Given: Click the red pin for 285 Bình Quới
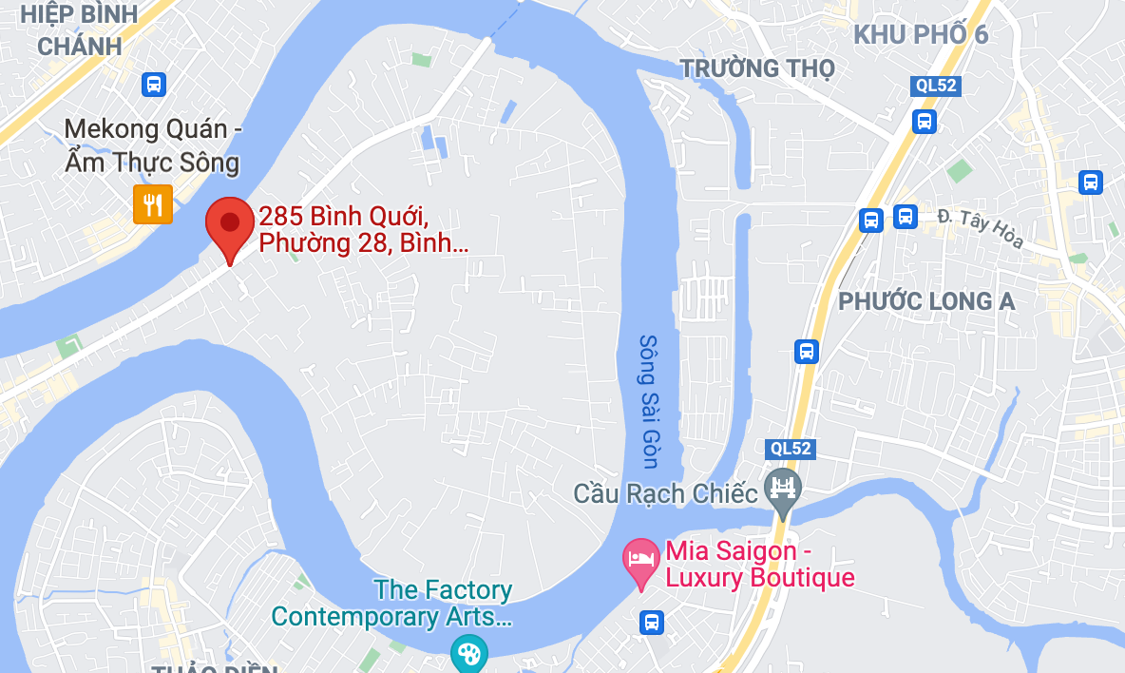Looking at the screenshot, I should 230,225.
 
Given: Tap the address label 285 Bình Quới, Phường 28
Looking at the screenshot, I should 363,231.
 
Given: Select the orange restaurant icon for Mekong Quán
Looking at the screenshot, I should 152,203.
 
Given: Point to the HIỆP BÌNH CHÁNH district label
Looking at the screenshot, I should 79,29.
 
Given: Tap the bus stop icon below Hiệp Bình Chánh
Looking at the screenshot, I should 153,84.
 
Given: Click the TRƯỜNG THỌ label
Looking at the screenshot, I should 757,68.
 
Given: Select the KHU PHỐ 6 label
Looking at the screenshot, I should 920,35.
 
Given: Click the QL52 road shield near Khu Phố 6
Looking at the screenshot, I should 936,86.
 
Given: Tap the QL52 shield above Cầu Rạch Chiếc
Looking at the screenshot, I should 790,448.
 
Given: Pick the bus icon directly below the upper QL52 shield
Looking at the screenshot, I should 924,121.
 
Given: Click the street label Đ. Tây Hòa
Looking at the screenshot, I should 980,228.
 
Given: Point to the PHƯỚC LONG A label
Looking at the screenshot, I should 925,301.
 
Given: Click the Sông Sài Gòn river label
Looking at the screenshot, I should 649,400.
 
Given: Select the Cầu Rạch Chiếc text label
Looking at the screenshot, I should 665,493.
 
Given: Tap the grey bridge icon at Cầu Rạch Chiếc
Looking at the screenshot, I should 783,490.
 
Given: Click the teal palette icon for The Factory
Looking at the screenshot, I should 468,653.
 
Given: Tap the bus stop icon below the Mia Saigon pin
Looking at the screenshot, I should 652,623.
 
